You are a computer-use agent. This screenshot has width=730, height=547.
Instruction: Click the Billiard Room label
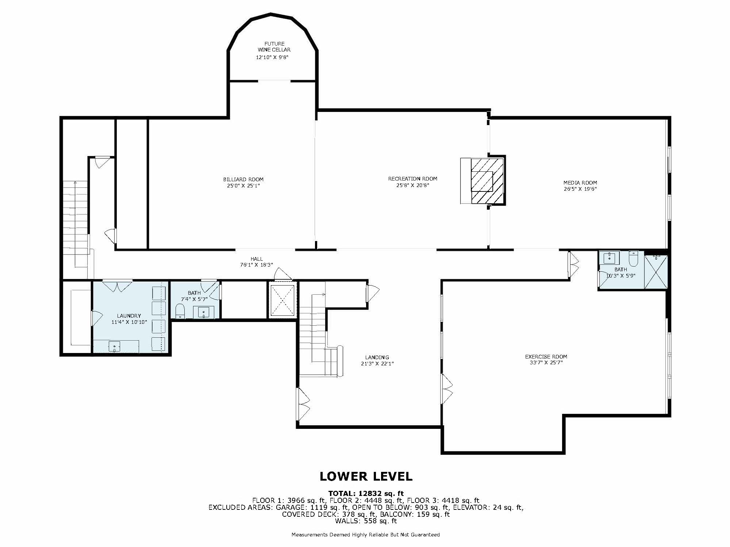coord(243,179)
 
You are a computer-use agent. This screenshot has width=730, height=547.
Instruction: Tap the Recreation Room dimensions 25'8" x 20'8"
coord(413,185)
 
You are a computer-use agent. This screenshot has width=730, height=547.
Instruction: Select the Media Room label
coord(580,183)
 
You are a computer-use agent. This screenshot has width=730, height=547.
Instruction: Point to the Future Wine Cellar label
coord(274,47)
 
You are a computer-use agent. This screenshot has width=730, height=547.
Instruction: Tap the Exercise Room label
coord(546,357)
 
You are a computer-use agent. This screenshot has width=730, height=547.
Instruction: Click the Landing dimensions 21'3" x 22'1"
coord(377,364)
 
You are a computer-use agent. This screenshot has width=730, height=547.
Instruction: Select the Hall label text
coord(257,259)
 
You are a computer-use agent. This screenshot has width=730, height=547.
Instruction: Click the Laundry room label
coord(129,316)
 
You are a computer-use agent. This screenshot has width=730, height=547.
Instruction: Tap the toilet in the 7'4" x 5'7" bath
coord(180,311)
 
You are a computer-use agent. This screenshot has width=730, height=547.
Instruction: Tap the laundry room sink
coord(115,346)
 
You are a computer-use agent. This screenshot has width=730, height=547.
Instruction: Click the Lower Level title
coord(366,476)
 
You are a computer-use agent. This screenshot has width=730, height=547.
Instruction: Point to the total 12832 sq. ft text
coord(366,494)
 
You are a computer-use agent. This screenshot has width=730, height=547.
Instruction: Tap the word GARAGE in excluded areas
coord(290,507)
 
